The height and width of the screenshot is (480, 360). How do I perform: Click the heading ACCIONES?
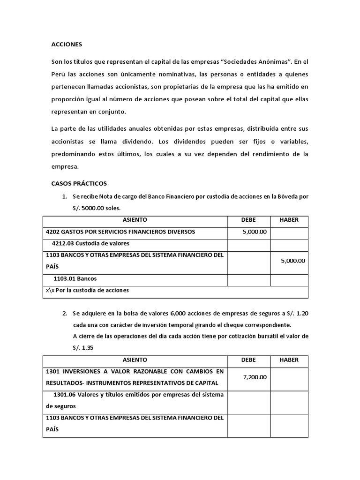pos(66,45)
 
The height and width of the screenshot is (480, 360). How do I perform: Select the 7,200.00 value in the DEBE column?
pos(255,377)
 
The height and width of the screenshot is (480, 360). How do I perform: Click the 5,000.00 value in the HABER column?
pos(293,261)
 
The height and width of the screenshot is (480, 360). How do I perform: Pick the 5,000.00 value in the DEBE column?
pos(255,232)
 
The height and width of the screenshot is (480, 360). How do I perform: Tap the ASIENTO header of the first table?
pos(135,220)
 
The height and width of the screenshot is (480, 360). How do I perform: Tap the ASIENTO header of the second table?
pos(135,360)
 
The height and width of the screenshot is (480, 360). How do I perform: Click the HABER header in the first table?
pos(289,220)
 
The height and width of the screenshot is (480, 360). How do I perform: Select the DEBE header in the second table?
pos(248,360)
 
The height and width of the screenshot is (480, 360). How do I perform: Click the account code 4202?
pos(53,232)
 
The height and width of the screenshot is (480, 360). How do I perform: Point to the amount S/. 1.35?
pos(83,347)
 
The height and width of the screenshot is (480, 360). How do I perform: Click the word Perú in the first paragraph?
pos(59,75)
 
